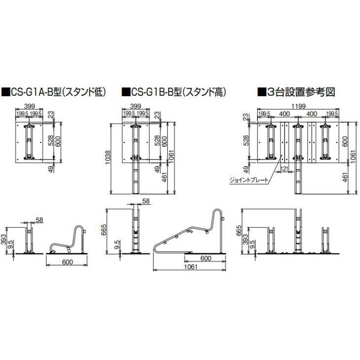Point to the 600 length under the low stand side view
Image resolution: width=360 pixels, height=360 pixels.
[66, 262]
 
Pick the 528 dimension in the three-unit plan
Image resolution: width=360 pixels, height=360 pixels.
[246, 142]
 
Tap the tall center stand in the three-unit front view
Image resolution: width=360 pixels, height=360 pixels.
[298, 232]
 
